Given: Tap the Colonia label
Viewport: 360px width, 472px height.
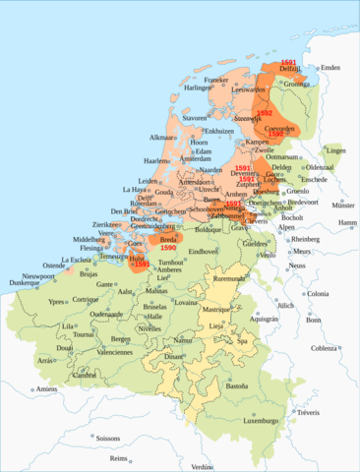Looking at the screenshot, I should pos(318,294).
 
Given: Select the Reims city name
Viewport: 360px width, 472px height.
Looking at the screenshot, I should pos(119,458).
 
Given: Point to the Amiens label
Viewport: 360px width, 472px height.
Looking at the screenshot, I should pos(43,389).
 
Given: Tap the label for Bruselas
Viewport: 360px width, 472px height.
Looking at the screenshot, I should pos(155,307).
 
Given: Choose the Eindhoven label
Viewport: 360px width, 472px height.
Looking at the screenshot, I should pos(203,252).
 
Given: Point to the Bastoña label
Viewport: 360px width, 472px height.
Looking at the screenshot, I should pos(237,385).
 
